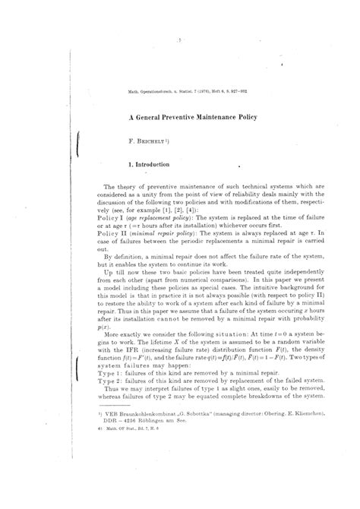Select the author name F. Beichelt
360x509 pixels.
click(x=147, y=140)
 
